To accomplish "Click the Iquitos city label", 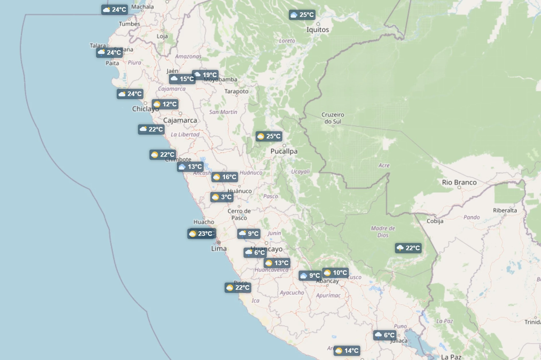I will (x=318, y=30).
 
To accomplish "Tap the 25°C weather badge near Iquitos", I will (x=302, y=15).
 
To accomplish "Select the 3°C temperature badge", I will (x=222, y=197).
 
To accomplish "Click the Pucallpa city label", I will (x=284, y=151).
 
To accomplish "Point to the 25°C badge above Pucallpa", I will (x=269, y=136).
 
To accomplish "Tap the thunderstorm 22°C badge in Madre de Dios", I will (x=408, y=248).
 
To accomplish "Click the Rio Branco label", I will (x=459, y=183).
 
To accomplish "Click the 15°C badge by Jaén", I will (x=182, y=79).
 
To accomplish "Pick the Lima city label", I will (x=219, y=249).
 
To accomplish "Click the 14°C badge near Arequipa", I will (x=347, y=351).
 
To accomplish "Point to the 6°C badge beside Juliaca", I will (x=385, y=335).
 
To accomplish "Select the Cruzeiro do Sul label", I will (x=333, y=118).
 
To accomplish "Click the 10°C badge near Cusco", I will (x=335, y=273).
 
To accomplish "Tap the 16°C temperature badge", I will (x=225, y=177).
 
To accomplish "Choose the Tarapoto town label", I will (x=236, y=91).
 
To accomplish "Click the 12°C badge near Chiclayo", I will (x=165, y=104).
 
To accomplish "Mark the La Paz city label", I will (x=451, y=357).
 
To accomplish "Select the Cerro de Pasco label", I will (x=239, y=214).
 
